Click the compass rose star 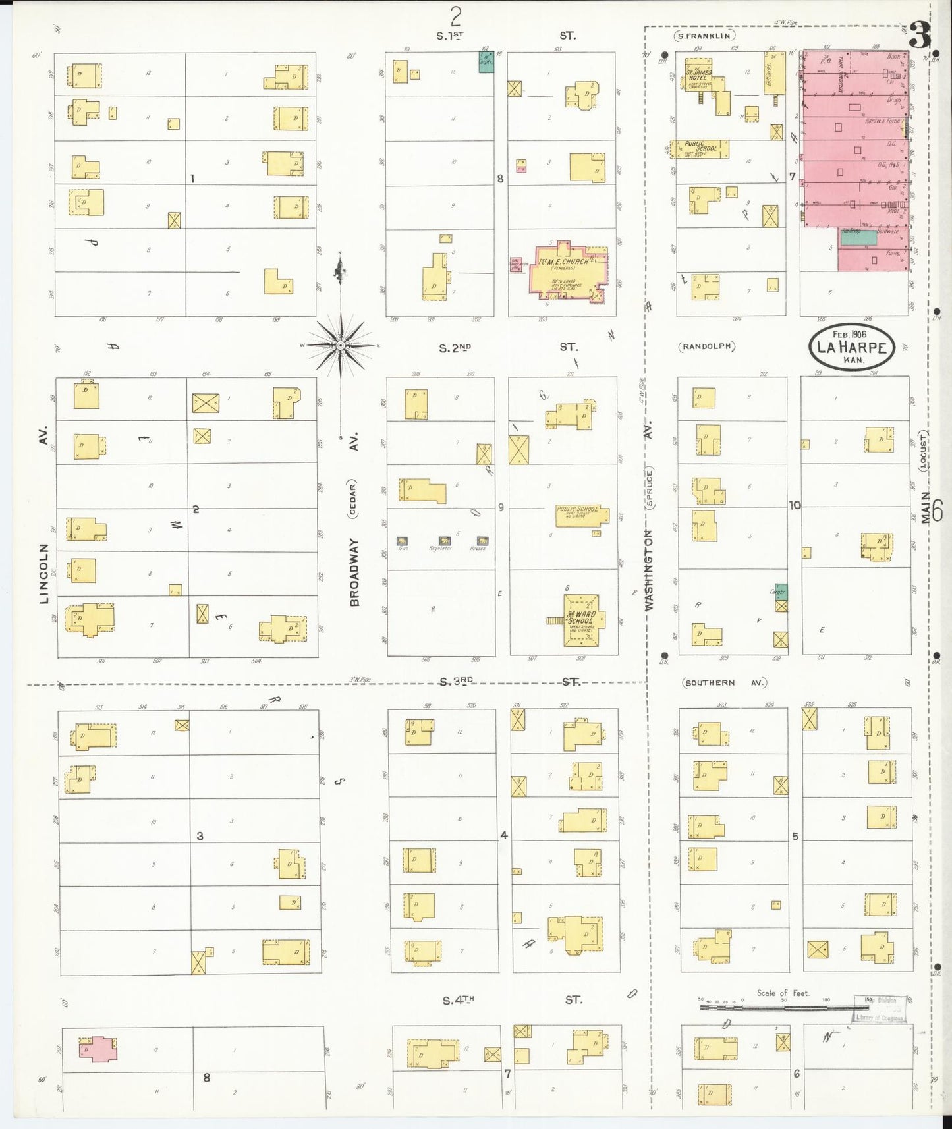340,346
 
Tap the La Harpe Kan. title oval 851,346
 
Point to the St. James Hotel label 698,74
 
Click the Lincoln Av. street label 45,573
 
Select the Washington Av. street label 648,570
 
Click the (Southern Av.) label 725,683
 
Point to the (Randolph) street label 709,346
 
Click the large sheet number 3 920,36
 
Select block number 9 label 501,507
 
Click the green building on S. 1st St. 486,62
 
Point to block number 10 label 795,505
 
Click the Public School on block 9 581,514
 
